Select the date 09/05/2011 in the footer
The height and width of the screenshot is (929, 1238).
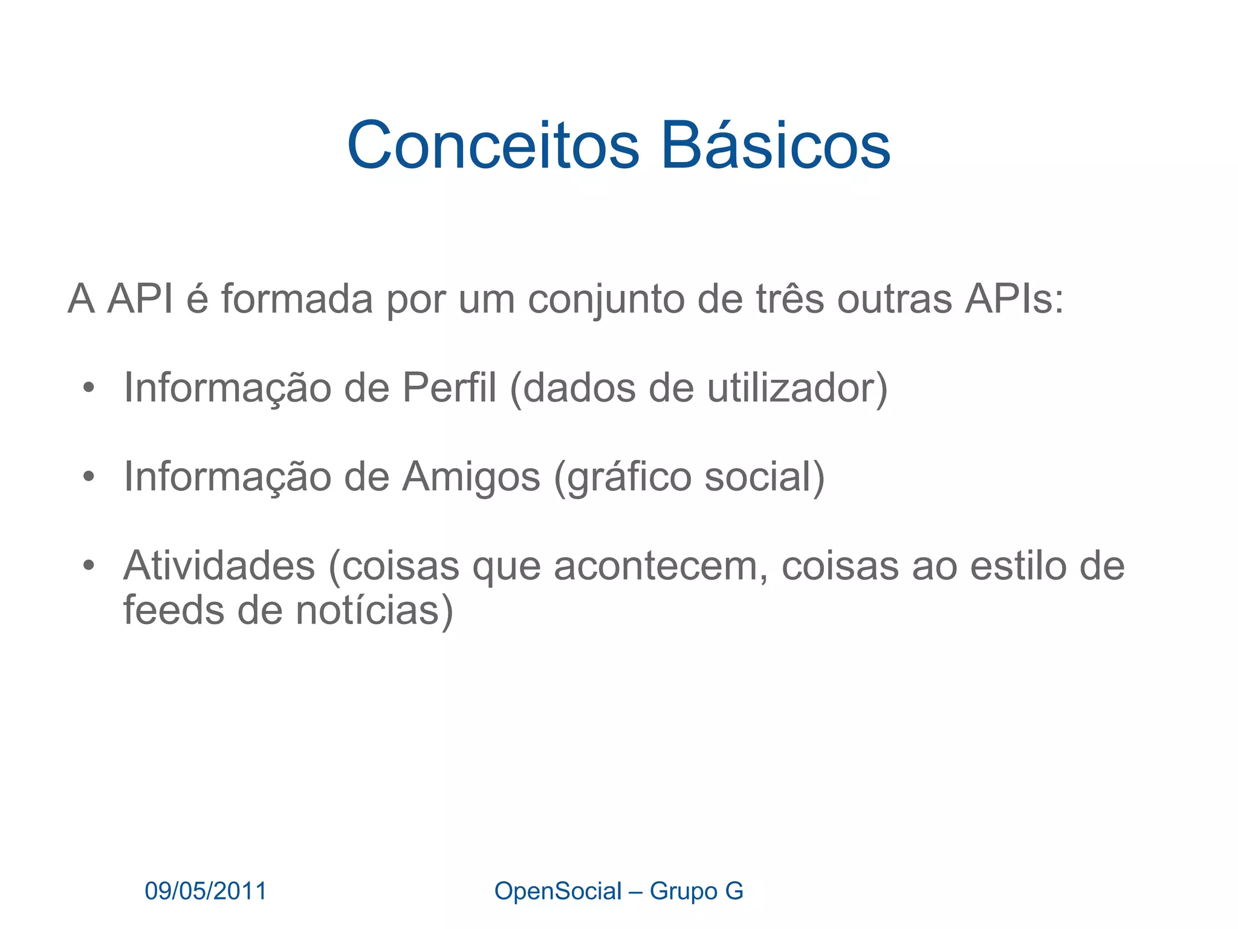pyautogui.click(x=206, y=891)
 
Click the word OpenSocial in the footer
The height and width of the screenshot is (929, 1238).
pyautogui.click(x=557, y=891)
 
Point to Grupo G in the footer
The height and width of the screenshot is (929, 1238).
pyautogui.click(x=696, y=891)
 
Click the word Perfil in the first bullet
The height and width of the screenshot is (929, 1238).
pyautogui.click(x=449, y=388)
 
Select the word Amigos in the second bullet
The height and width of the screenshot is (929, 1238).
pyautogui.click(x=471, y=477)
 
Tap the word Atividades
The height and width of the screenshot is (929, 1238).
pyautogui.click(x=219, y=567)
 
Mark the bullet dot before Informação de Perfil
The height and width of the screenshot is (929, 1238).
pyautogui.click(x=89, y=388)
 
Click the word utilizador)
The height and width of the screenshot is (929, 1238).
pyautogui.click(x=797, y=388)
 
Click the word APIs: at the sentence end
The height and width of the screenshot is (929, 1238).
pyautogui.click(x=1014, y=299)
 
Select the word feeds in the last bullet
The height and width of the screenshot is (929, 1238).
pyautogui.click(x=173, y=610)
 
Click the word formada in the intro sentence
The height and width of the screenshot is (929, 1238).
pyautogui.click(x=297, y=299)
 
